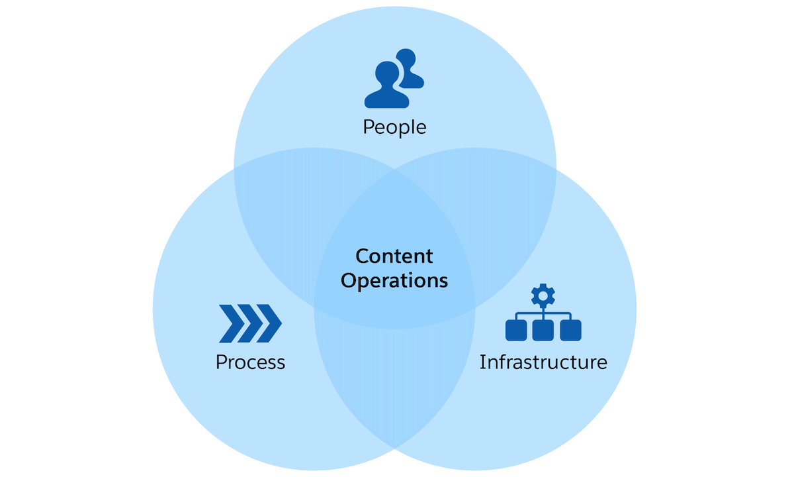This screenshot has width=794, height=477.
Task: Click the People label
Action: click(394, 127)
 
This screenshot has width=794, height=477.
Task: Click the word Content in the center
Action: click(394, 256)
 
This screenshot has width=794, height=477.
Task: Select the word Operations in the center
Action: click(394, 280)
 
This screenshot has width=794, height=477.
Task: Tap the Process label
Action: click(250, 362)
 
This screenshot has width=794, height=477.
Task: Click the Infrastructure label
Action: click(543, 362)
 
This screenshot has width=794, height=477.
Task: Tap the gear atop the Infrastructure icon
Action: click(543, 294)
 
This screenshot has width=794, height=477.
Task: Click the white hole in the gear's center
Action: click(543, 294)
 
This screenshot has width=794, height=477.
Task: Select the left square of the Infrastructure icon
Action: click(515, 330)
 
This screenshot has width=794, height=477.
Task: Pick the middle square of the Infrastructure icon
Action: click(543, 330)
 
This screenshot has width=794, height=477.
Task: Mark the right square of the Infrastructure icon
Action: click(570, 330)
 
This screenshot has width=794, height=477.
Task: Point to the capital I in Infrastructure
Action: click(482, 362)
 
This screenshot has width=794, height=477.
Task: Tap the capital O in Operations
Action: click(348, 280)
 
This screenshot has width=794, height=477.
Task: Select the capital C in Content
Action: click(361, 256)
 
